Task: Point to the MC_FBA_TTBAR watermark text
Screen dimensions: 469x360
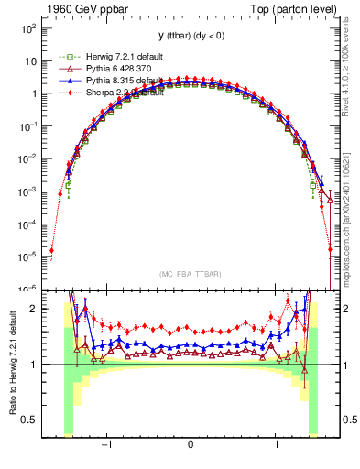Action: (190, 274)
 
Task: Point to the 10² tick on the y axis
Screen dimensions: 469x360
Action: (28, 28)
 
